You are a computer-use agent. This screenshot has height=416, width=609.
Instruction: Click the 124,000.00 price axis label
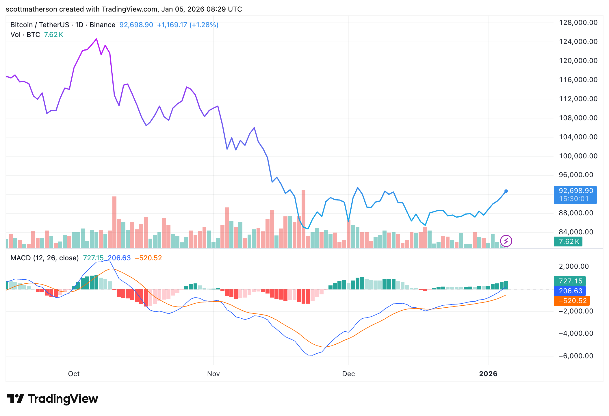[x=578, y=42]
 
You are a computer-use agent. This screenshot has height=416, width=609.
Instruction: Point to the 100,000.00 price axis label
[x=578, y=156]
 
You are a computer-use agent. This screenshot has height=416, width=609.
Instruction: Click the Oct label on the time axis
[x=74, y=374]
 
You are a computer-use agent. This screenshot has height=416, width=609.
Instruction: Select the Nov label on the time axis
[x=213, y=374]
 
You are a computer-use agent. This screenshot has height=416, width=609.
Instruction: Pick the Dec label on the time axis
[x=348, y=374]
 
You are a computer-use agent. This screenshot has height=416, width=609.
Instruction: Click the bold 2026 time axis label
[x=488, y=374]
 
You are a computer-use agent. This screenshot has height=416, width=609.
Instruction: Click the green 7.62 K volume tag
[x=568, y=242]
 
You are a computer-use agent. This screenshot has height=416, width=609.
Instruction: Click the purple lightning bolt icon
[x=506, y=241]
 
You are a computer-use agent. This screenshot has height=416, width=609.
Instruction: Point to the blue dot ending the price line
[x=506, y=191]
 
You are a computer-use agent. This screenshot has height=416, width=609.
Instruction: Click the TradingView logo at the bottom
[x=53, y=399]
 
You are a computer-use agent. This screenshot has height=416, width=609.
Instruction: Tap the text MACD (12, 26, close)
[x=44, y=258]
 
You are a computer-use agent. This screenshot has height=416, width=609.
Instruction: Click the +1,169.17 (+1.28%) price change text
[x=187, y=25]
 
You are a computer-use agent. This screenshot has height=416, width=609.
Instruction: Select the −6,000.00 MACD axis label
[x=576, y=356]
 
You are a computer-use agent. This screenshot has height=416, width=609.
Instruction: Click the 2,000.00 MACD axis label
[x=574, y=266]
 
